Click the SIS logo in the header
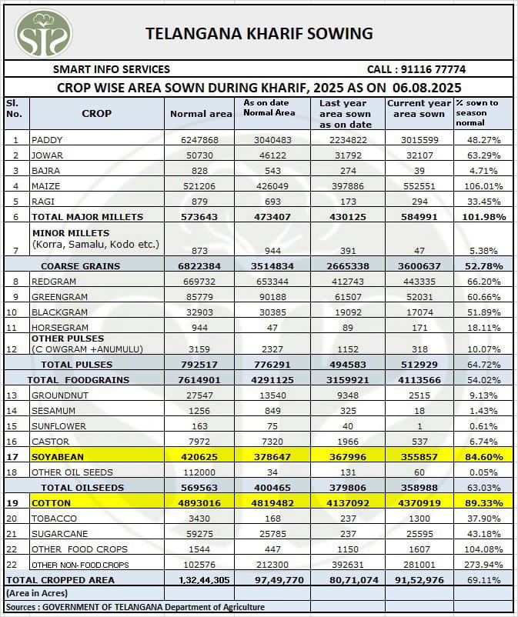44,33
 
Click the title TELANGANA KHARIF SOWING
259,33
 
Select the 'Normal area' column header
200,114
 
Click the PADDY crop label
47,140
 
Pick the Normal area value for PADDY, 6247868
200,140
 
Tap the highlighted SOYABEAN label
58,457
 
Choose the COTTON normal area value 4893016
199,503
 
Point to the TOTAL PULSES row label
76,365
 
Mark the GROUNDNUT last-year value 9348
343,395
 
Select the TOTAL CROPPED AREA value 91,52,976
418,580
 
